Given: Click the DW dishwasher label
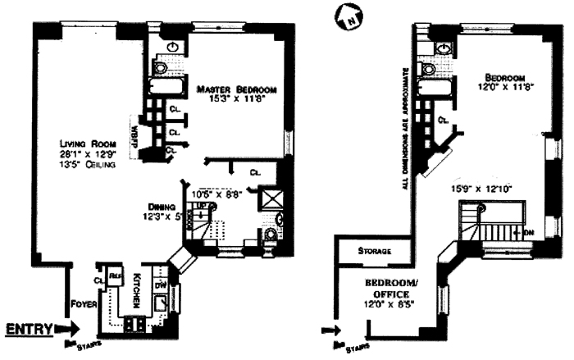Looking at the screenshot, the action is point(162,284).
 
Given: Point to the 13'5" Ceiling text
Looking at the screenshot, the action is point(82,165).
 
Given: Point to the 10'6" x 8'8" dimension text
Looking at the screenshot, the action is point(216,194).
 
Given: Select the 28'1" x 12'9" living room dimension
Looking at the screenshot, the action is point(80,154).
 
